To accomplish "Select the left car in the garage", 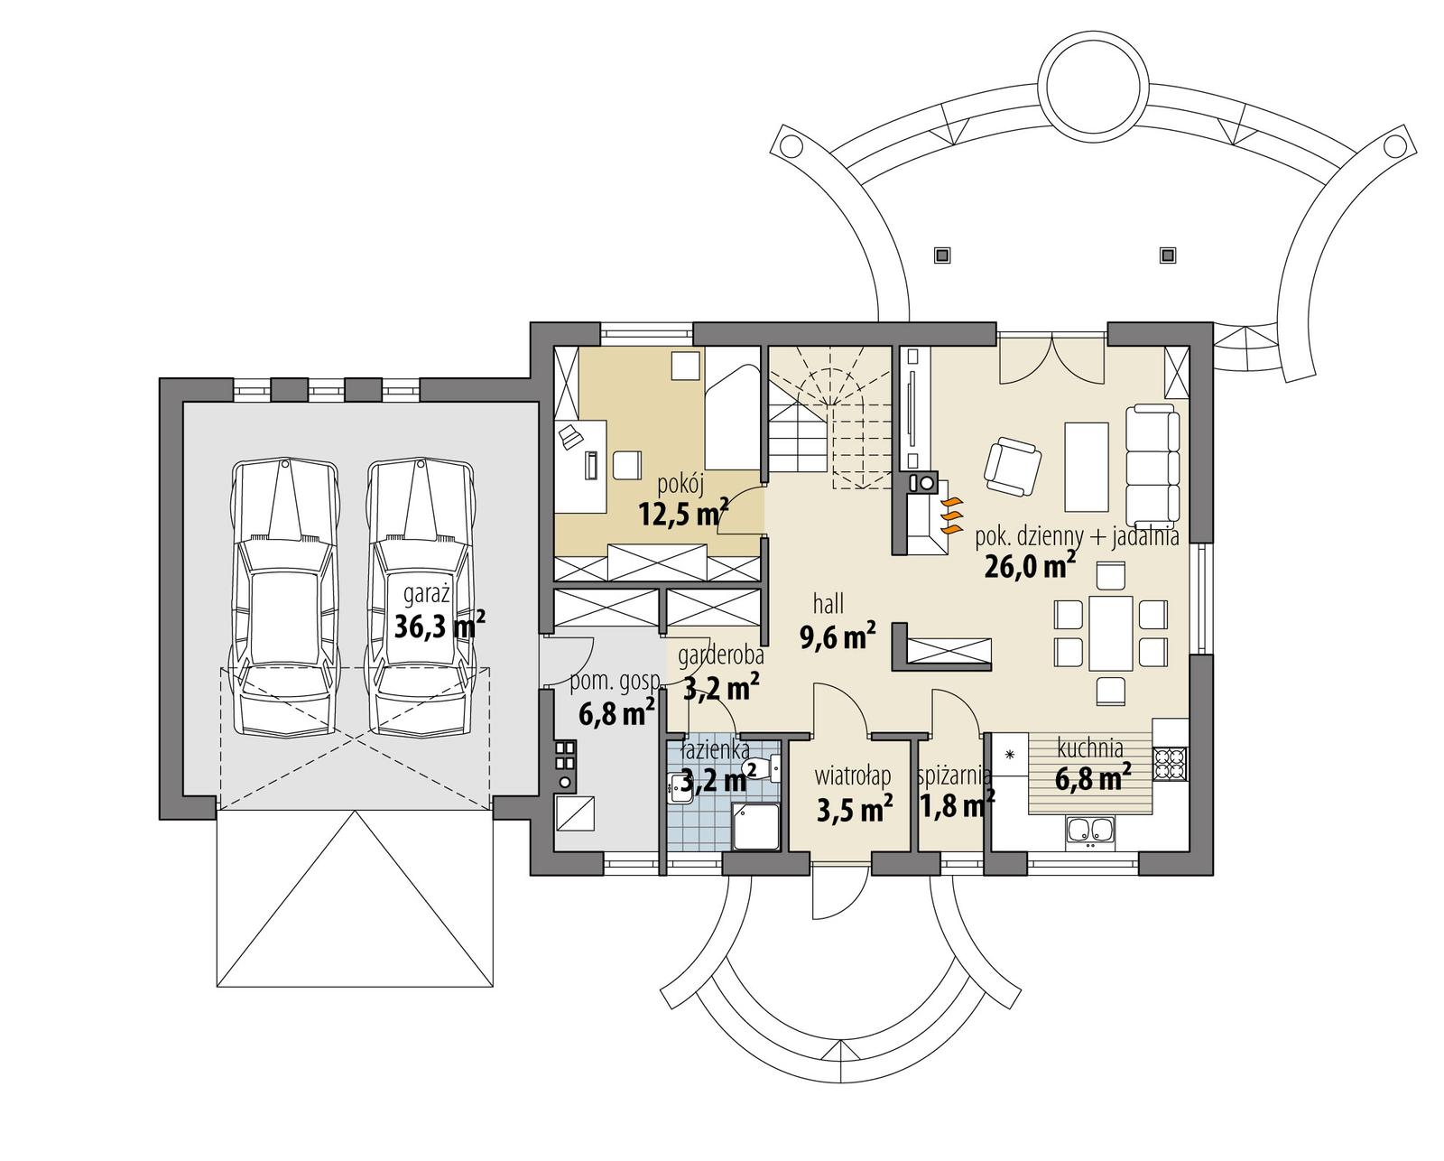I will [284, 599].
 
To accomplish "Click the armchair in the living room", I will [1011, 466].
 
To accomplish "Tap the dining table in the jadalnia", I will [1110, 632].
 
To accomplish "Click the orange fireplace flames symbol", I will [949, 514].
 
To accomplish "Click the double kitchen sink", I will [1089, 831].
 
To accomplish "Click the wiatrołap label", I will [853, 776].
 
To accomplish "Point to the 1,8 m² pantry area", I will [957, 803].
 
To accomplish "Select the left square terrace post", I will [941, 255].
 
